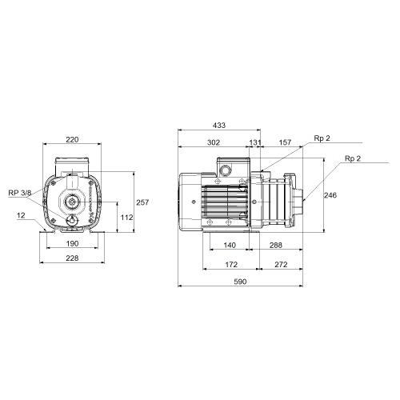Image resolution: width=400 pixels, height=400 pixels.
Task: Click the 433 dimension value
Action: (x=219, y=125)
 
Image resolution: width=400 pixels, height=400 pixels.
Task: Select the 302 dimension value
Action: (x=214, y=142)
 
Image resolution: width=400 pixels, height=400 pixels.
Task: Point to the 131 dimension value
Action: (x=255, y=142)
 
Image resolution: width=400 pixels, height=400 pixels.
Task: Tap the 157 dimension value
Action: (x=285, y=142)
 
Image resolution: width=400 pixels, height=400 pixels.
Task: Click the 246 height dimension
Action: (x=330, y=195)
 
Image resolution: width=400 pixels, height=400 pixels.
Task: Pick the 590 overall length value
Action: (x=240, y=282)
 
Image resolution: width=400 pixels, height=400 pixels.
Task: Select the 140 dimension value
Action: (x=230, y=245)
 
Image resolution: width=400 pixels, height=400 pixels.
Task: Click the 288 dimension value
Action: (x=275, y=245)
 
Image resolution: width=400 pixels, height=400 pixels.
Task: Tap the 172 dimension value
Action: (x=231, y=265)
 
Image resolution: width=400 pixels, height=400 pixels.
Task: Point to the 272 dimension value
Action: (x=281, y=265)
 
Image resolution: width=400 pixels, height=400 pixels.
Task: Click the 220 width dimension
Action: (x=72, y=139)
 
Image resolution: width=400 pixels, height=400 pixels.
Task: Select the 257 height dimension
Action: (x=142, y=202)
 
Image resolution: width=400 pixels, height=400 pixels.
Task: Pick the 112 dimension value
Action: (x=126, y=218)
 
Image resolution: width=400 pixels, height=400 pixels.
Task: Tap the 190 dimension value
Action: (x=72, y=243)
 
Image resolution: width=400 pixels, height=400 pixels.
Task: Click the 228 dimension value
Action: (x=72, y=258)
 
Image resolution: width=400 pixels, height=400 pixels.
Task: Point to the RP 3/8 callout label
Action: (x=20, y=193)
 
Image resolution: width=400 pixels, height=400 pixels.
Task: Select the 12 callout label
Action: (x=21, y=215)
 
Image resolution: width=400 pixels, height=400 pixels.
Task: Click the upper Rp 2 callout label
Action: (x=322, y=138)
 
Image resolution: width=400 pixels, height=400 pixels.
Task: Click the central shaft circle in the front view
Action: (x=71, y=202)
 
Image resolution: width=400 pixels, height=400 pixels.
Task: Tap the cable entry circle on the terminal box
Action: (x=226, y=170)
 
